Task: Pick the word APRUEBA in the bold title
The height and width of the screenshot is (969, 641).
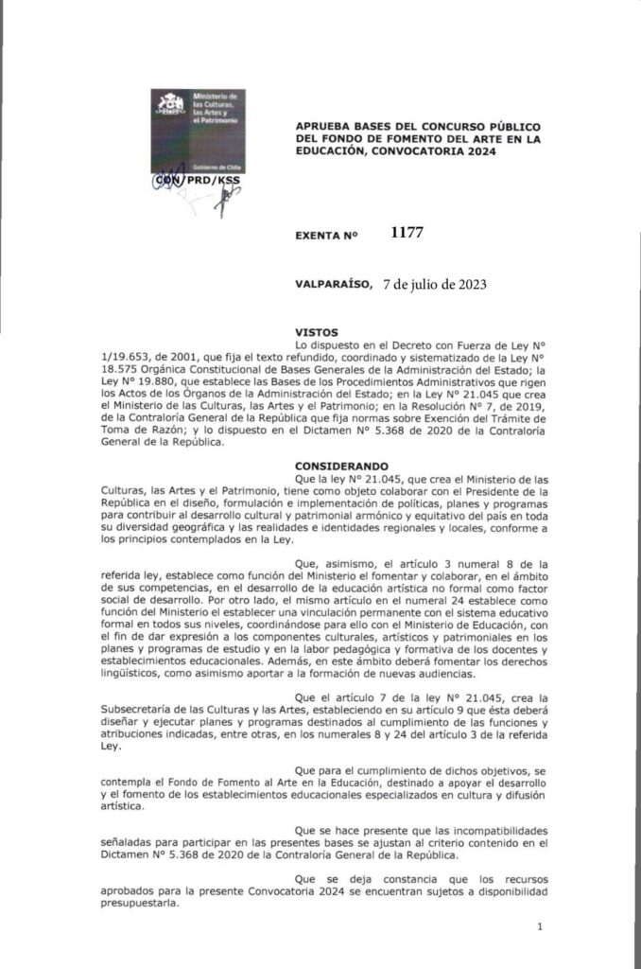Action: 325,126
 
